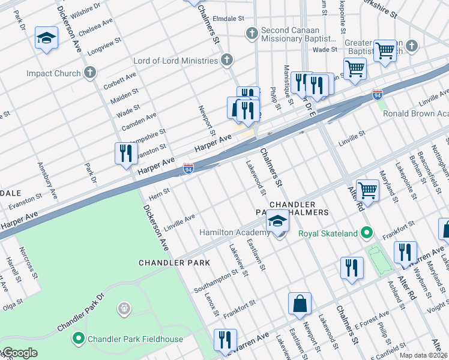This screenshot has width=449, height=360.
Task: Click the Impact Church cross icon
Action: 90,73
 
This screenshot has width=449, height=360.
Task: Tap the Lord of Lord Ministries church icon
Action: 226,60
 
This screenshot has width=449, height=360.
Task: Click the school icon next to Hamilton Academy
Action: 277,222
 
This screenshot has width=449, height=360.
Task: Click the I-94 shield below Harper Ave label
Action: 188,170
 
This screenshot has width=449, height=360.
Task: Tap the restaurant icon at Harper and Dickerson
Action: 126,153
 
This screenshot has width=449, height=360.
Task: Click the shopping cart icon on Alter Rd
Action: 367,191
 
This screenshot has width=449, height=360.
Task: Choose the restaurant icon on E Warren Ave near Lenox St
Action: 225,340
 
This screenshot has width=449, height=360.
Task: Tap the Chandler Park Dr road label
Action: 80,313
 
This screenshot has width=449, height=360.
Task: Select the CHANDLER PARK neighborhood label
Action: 174,263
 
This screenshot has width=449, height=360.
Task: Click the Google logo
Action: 19,353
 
